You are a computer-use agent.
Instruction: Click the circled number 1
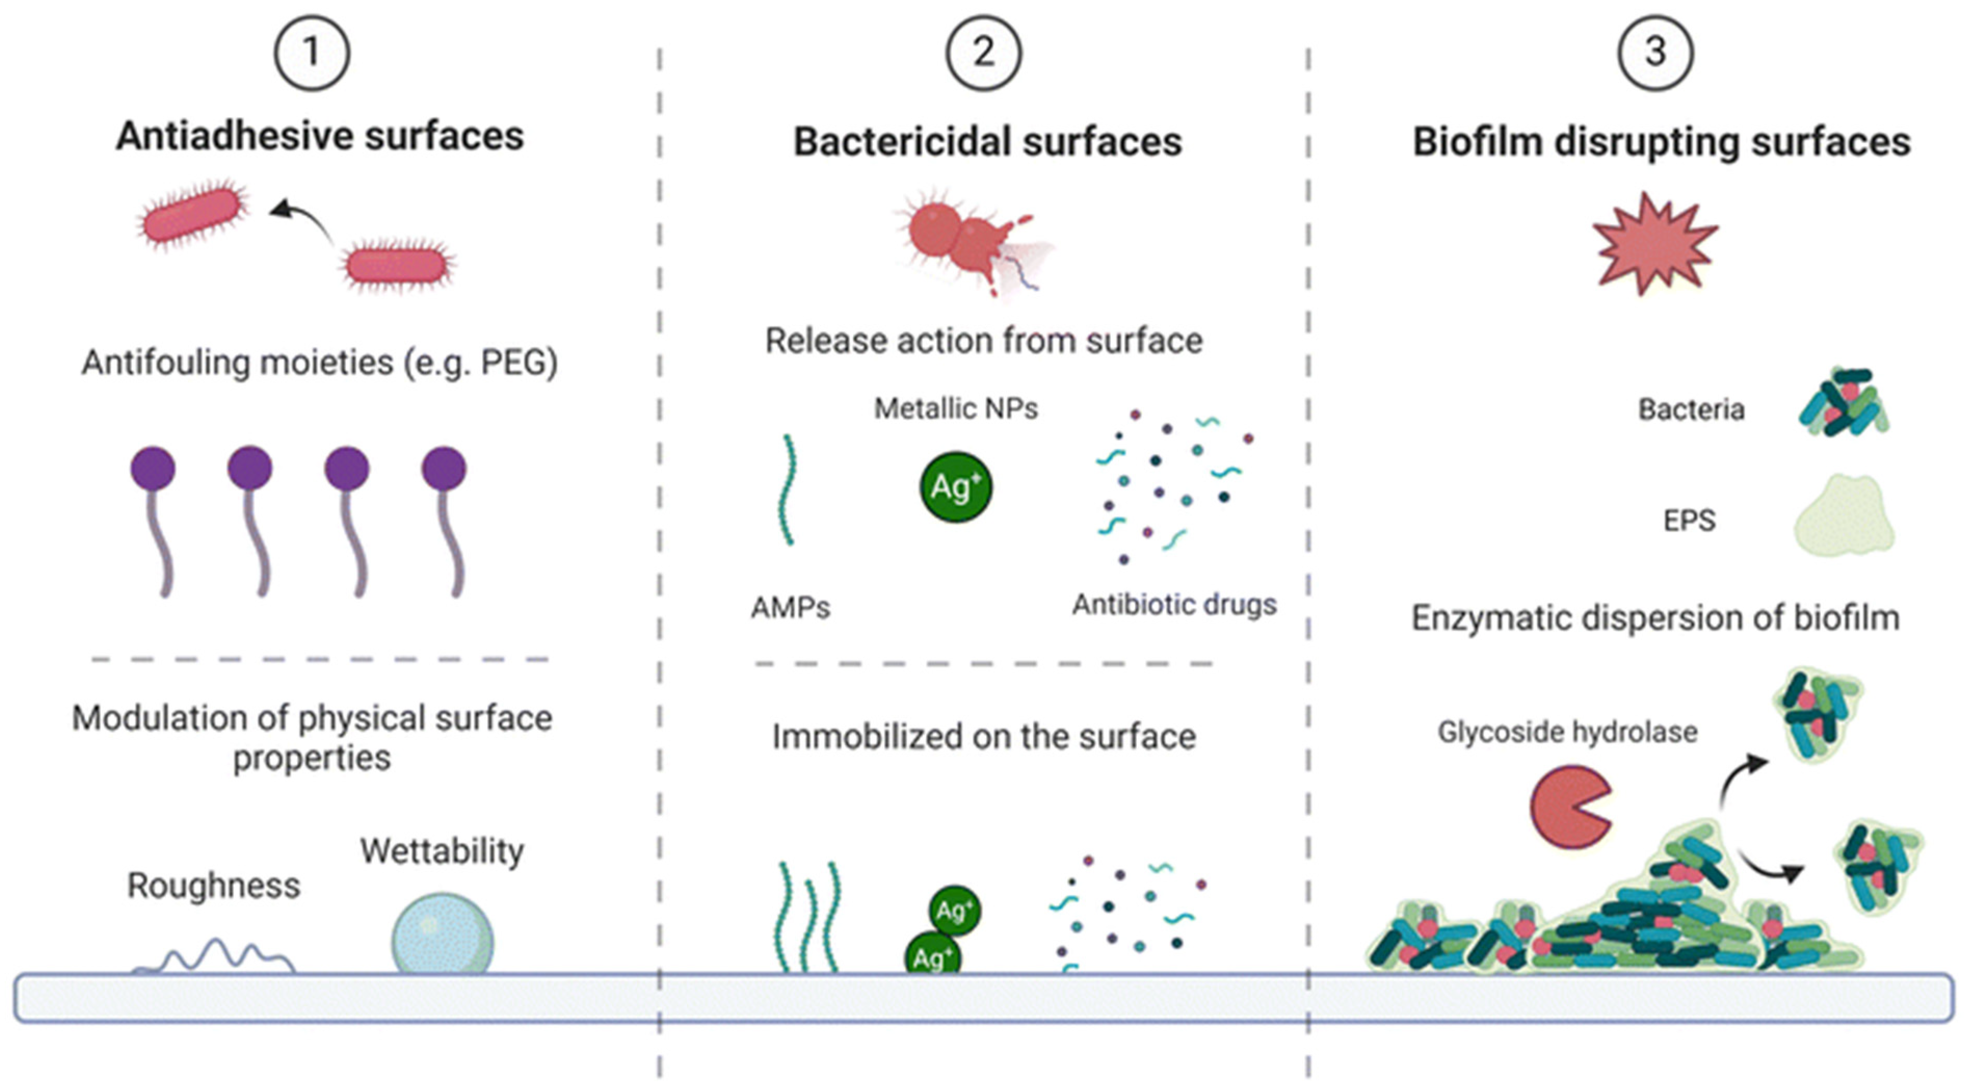click(x=312, y=54)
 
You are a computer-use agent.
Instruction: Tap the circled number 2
click(x=984, y=54)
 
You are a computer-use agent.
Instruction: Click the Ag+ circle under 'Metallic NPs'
click(x=956, y=487)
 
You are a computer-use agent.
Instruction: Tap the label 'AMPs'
click(x=791, y=608)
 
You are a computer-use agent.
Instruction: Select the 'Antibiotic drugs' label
click(x=1174, y=605)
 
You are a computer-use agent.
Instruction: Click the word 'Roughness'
click(x=214, y=885)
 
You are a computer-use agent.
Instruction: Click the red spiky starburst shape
click(x=1654, y=243)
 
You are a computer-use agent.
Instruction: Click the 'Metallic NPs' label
click(x=956, y=409)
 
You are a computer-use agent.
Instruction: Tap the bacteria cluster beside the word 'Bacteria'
click(x=1843, y=403)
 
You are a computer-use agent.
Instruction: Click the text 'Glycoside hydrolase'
click(x=1568, y=732)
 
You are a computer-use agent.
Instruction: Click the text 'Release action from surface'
click(x=984, y=341)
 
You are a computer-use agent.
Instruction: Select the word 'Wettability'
click(x=442, y=851)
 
